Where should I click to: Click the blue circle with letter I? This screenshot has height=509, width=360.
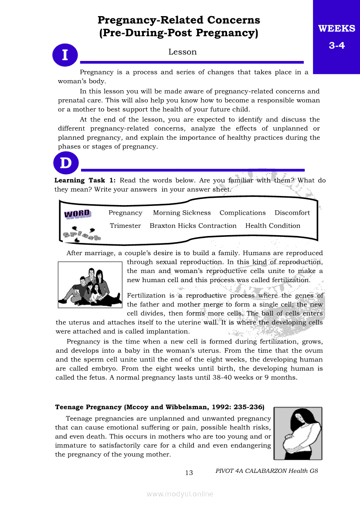pyautogui.click(x=65, y=55)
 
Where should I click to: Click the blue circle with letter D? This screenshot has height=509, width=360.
pyautogui.click(x=66, y=164)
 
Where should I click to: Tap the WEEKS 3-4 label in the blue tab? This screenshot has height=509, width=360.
pyautogui.click(x=336, y=37)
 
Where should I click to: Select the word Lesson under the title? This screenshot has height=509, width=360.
pyautogui.click(x=183, y=52)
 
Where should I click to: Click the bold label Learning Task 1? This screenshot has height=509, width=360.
pyautogui.click(x=85, y=180)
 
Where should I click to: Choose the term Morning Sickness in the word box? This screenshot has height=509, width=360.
pyautogui.click(x=182, y=213)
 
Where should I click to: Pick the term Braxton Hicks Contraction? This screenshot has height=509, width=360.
pyautogui.click(x=193, y=226)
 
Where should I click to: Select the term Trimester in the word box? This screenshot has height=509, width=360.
pyautogui.click(x=126, y=226)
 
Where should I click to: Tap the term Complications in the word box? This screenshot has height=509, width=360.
pyautogui.click(x=242, y=213)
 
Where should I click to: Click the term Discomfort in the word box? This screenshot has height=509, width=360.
pyautogui.click(x=292, y=213)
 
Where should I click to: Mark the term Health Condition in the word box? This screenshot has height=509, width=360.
pyautogui.click(x=272, y=226)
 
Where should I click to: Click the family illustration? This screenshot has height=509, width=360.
pyautogui.click(x=90, y=285)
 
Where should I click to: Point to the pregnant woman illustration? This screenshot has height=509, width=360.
pyautogui.click(x=298, y=433)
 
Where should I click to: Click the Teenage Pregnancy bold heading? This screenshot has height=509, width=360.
pyautogui.click(x=160, y=407)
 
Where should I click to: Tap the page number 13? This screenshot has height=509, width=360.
pyautogui.click(x=189, y=473)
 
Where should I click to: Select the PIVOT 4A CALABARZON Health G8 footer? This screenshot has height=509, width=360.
pyautogui.click(x=267, y=471)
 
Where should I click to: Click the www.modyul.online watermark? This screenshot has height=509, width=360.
pyautogui.click(x=180, y=494)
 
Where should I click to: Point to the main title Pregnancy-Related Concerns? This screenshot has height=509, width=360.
pyautogui.click(x=179, y=20)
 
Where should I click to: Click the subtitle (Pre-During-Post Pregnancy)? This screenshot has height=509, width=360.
pyautogui.click(x=179, y=33)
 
